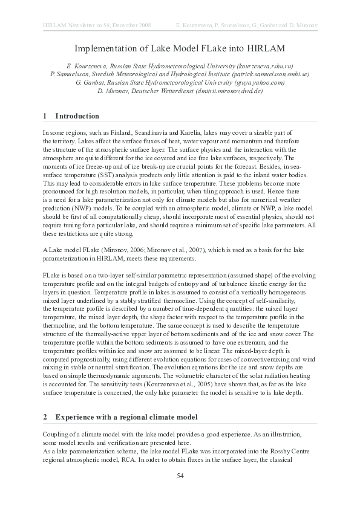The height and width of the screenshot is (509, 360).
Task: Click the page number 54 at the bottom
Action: pyautogui.click(x=180, y=476)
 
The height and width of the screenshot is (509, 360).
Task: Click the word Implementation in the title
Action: pyautogui.click(x=102, y=48)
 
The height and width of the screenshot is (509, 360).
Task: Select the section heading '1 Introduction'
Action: pyautogui.click(x=71, y=115)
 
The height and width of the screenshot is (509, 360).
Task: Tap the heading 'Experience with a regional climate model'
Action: pyautogui.click(x=128, y=417)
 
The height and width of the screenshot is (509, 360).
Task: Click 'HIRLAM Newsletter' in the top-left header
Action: pyautogui.click(x=67, y=25)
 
